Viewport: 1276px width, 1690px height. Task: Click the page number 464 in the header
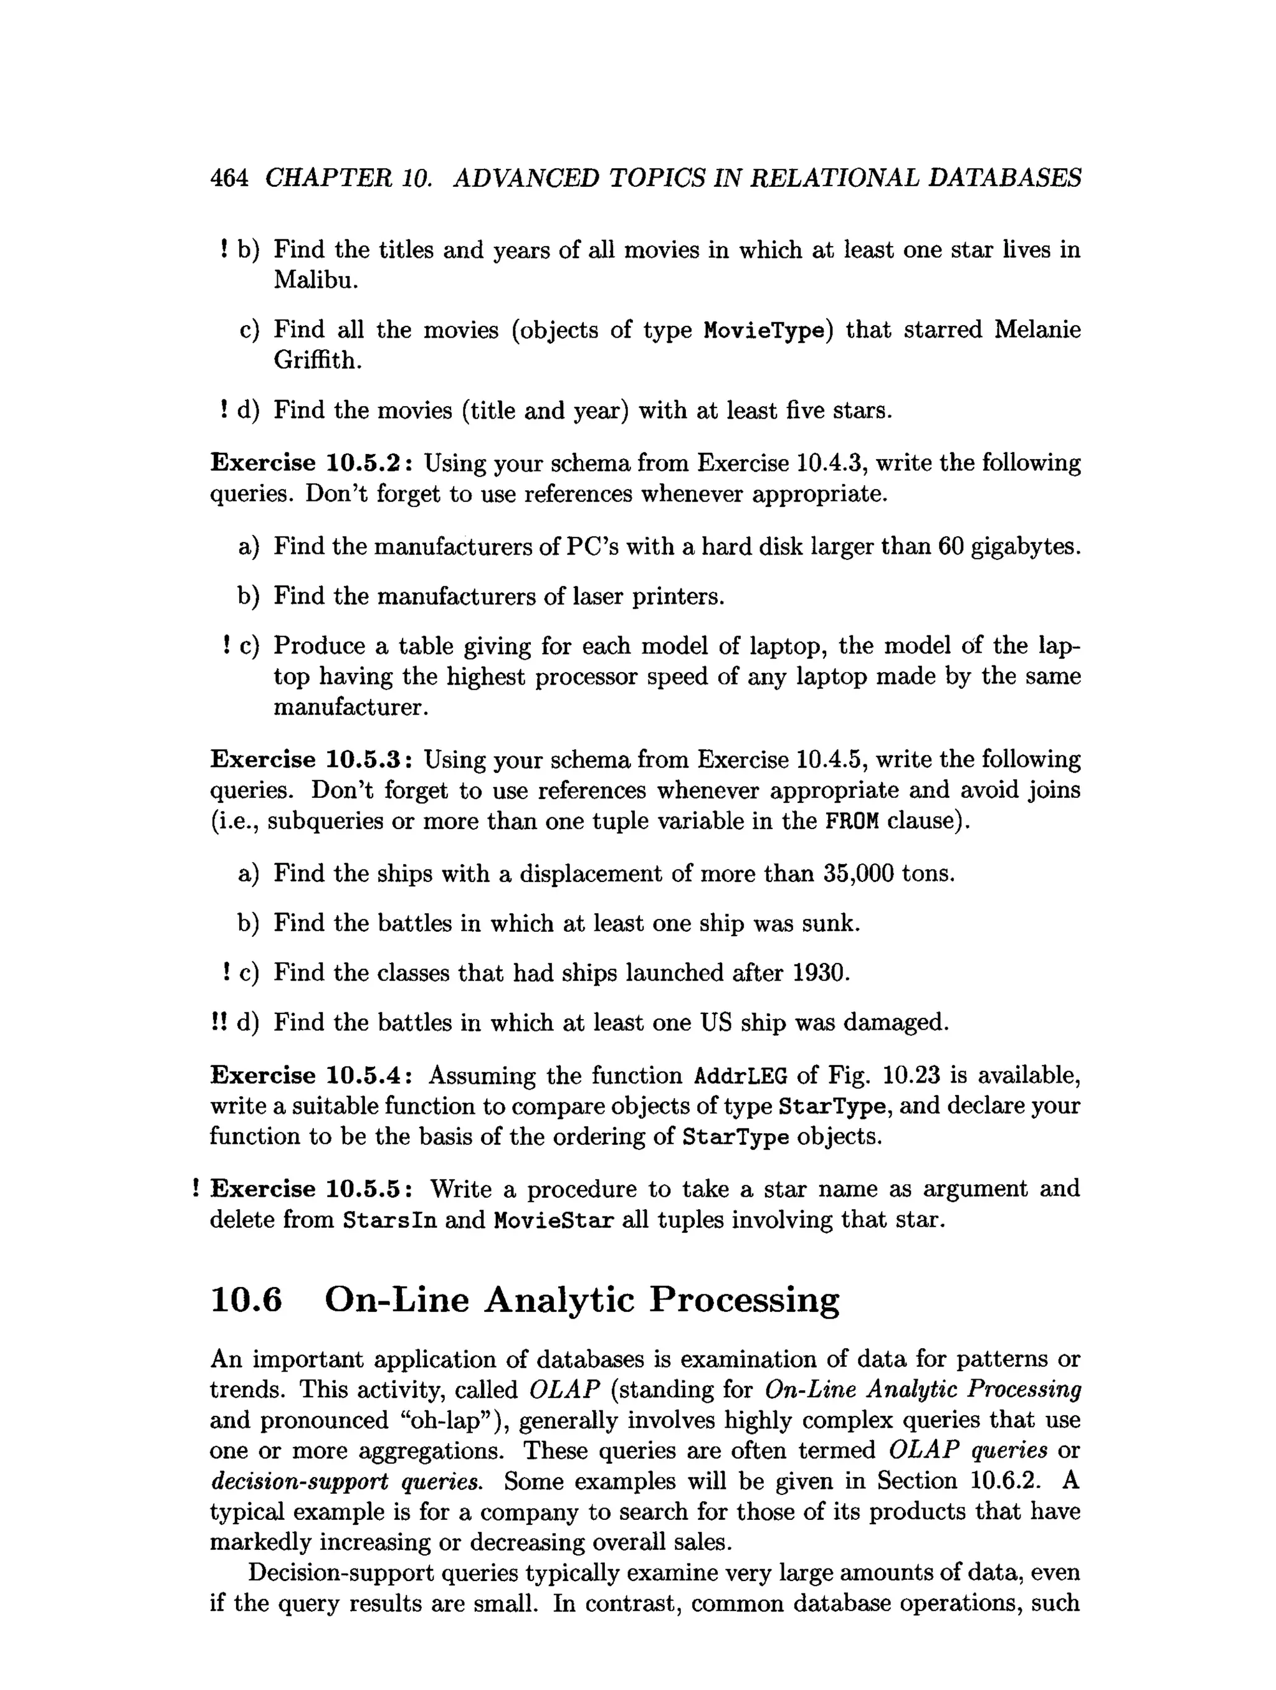(x=229, y=178)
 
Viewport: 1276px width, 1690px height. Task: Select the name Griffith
(x=317, y=361)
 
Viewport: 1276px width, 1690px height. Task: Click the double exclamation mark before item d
(x=219, y=1022)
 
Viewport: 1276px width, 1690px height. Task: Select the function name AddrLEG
(x=740, y=1076)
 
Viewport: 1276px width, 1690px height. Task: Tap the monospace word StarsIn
(x=389, y=1220)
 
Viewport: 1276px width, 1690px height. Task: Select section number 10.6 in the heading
(x=246, y=1300)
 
